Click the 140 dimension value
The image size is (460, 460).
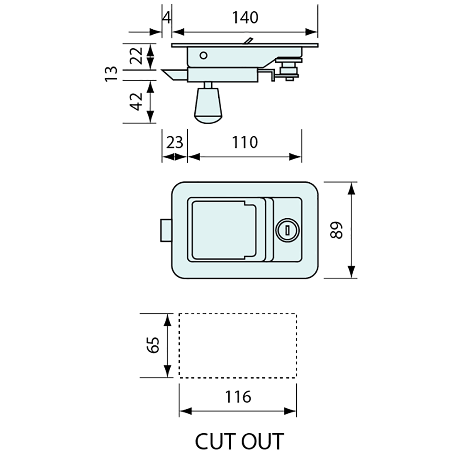246,18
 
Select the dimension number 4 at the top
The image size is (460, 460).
166,18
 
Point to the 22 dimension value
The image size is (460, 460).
136,54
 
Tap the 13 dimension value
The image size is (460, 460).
111,74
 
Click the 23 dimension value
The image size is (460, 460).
174,142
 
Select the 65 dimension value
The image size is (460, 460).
153,345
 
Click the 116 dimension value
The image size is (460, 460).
238,396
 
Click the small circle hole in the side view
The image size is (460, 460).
204,55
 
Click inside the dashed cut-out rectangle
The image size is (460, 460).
238,345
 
